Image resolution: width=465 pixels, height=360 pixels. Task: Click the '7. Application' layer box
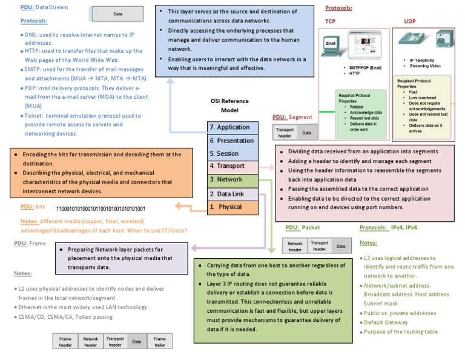click(x=232, y=127)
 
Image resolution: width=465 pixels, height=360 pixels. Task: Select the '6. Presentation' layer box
click(x=232, y=141)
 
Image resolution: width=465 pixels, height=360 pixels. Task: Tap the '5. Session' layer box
click(x=232, y=153)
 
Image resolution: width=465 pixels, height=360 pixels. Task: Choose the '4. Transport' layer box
click(x=232, y=166)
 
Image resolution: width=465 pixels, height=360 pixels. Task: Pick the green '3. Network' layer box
click(x=232, y=180)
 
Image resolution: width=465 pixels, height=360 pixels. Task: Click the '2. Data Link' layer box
click(x=232, y=194)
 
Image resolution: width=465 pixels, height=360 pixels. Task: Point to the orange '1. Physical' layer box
click(x=232, y=207)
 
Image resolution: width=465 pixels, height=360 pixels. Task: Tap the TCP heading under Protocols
click(x=331, y=21)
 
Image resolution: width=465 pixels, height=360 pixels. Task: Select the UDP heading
click(x=410, y=21)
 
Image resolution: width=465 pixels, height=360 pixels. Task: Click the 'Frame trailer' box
click(x=159, y=341)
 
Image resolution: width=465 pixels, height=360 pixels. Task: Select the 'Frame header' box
click(x=65, y=341)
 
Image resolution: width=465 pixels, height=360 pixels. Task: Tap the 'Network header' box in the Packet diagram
click(x=295, y=246)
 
